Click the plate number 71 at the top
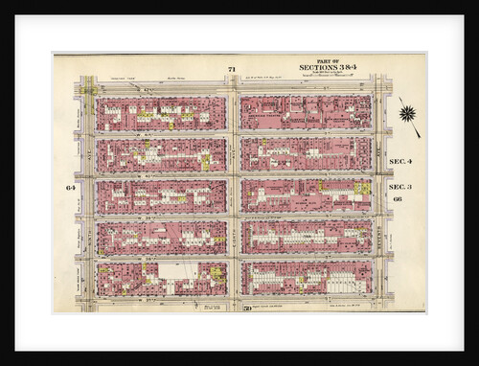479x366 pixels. (x=231, y=66)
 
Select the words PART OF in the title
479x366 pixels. (x=327, y=61)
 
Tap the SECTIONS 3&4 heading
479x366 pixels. (x=327, y=68)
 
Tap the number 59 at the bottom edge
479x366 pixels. (x=246, y=308)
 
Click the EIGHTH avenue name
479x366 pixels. (x=233, y=196)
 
